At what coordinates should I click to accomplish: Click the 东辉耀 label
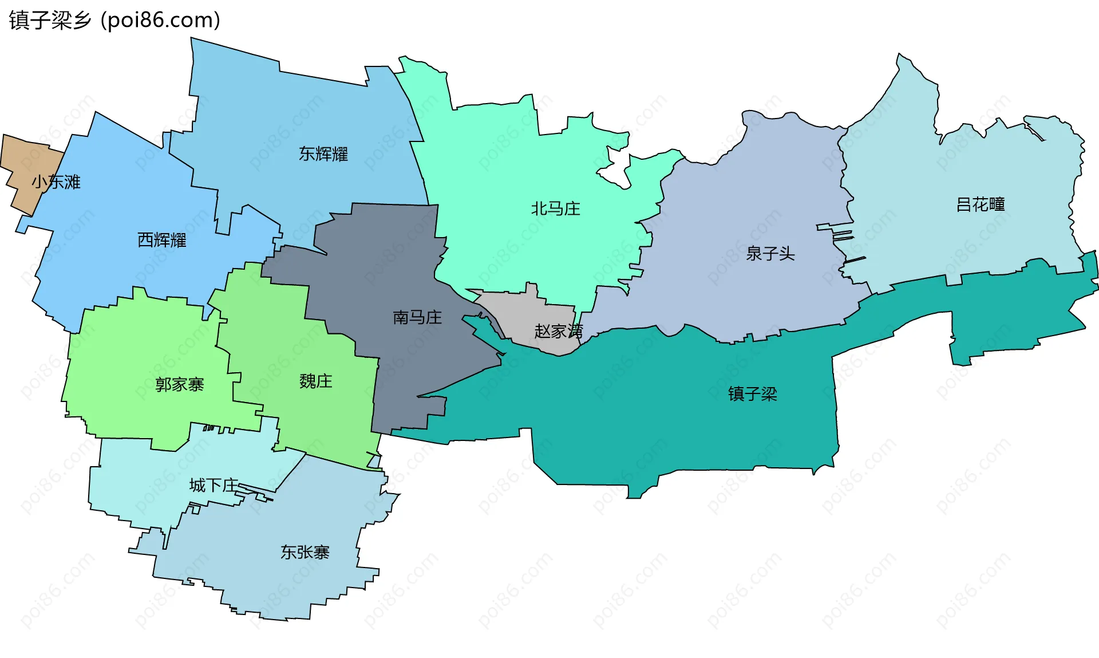323,153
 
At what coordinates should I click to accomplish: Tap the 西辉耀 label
162,240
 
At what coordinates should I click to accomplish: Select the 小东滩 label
56,182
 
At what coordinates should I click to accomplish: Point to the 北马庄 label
555,208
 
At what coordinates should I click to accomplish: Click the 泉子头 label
770,253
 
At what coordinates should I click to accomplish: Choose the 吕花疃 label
981,204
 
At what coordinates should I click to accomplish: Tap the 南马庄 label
417,317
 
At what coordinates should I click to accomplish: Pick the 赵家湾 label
558,331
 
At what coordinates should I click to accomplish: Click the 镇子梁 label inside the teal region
752,394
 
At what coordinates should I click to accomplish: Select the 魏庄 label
315,381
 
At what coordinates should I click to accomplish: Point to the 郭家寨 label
179,384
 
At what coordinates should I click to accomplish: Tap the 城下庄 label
214,486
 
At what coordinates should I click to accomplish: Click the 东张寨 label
305,552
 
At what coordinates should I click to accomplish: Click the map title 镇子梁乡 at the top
50,20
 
